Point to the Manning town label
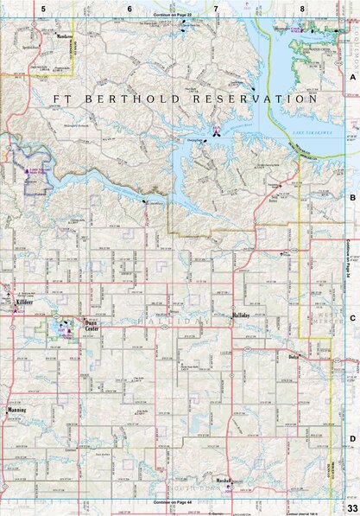(16, 410)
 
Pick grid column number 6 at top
(129, 9)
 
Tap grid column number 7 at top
(216, 9)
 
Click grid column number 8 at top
(302, 9)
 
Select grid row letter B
(352, 197)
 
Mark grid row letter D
(352, 438)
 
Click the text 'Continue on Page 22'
(173, 16)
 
